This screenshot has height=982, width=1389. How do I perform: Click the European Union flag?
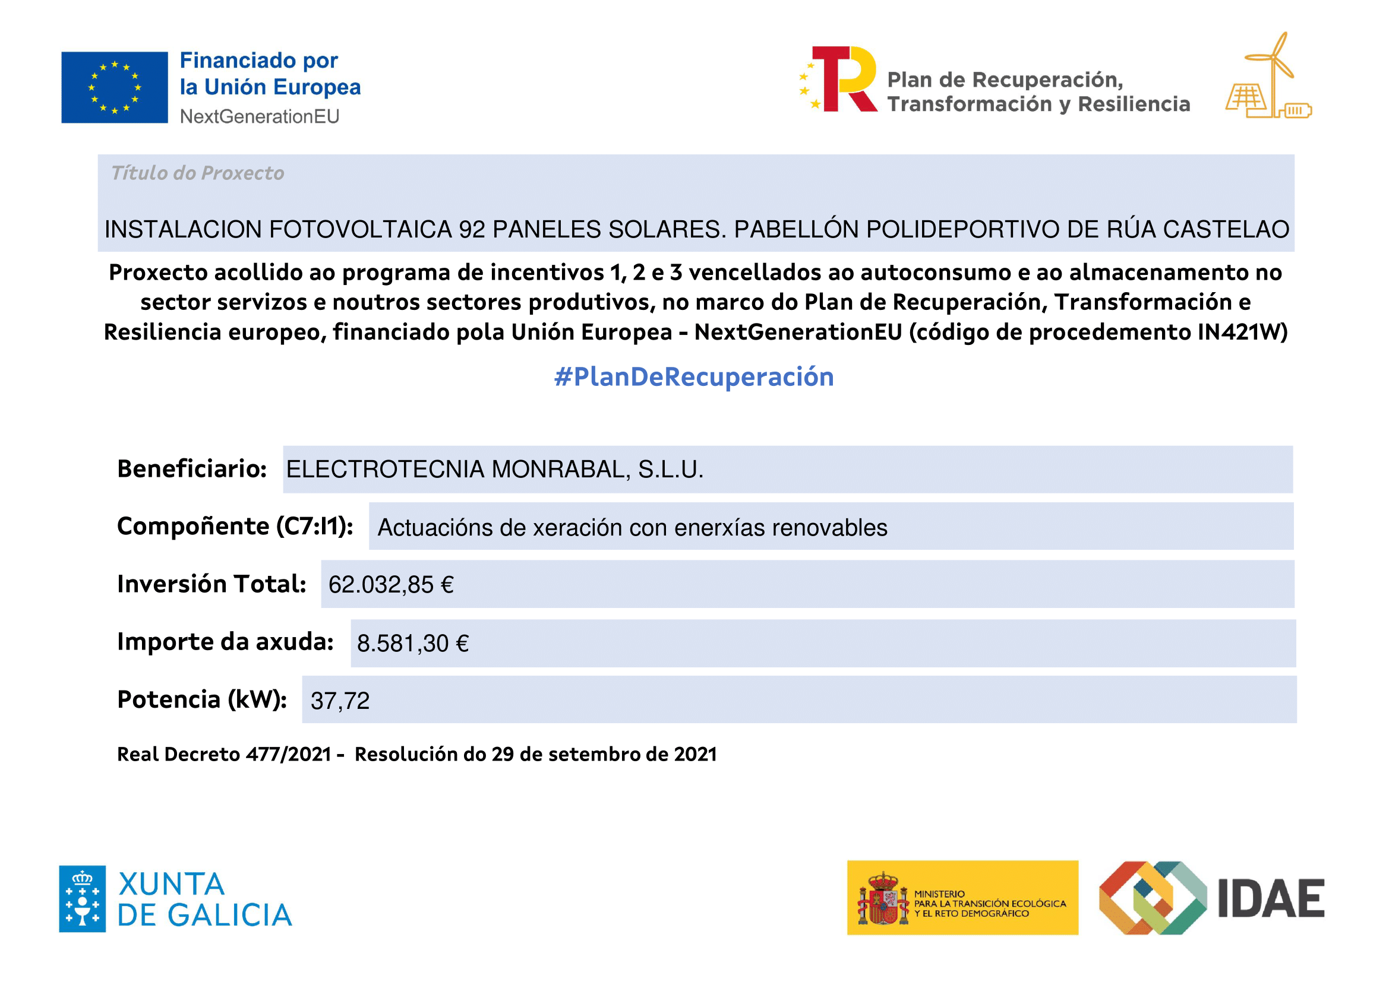[114, 88]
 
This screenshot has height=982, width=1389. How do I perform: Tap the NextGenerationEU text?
[260, 116]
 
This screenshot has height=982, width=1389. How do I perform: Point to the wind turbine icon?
[1274, 66]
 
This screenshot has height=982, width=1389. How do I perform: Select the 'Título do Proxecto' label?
[197, 173]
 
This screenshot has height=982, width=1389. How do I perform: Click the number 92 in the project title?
[472, 230]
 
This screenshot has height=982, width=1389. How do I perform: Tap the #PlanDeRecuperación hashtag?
[694, 377]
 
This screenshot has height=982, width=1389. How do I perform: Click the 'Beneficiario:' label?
[192, 469]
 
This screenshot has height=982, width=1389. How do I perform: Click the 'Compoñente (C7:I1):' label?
[235, 527]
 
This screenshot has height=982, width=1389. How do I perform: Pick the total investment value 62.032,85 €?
[391, 585]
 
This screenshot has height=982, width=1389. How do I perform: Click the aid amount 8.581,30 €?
[412, 644]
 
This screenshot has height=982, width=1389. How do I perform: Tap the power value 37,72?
[340, 701]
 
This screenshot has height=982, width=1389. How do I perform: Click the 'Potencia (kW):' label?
[202, 699]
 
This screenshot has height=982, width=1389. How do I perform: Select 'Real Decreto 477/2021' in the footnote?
[224, 755]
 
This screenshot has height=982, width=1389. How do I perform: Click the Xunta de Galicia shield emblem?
[82, 898]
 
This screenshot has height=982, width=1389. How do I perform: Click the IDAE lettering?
[1270, 898]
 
